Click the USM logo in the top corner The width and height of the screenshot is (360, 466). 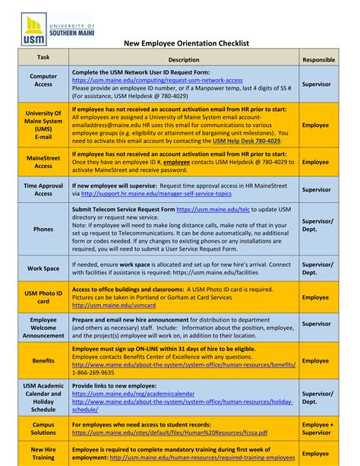(x=53, y=26)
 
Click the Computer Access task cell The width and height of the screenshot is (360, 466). (x=43, y=81)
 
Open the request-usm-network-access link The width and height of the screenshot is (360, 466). (x=157, y=79)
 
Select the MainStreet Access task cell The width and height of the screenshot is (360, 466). (x=43, y=162)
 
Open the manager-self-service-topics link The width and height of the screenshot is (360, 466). (x=161, y=193)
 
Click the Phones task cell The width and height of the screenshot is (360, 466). (x=43, y=228)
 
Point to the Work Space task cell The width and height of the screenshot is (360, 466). (x=43, y=268)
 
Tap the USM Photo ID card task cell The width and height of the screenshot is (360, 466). (x=43, y=297)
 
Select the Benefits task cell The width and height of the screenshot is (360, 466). (x=43, y=361)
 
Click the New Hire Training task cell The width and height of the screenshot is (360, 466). (x=43, y=454)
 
